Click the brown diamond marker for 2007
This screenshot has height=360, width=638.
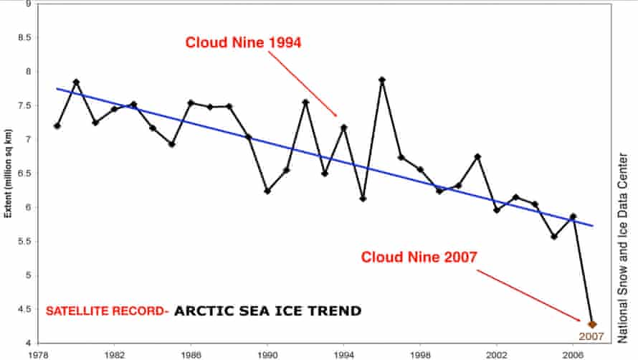click(592, 324)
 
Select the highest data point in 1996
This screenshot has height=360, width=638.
click(382, 80)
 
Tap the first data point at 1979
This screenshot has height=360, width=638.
click(57, 126)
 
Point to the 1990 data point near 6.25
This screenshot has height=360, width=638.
click(267, 191)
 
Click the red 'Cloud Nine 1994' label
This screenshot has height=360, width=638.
click(243, 42)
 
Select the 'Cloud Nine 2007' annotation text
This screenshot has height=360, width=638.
click(419, 257)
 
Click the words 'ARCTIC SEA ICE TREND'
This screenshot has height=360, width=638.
click(267, 311)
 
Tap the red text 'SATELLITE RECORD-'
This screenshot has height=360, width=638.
click(106, 311)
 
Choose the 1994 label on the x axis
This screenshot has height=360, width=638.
click(344, 354)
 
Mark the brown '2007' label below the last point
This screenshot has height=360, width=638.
click(593, 336)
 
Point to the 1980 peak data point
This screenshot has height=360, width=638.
click(76, 82)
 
